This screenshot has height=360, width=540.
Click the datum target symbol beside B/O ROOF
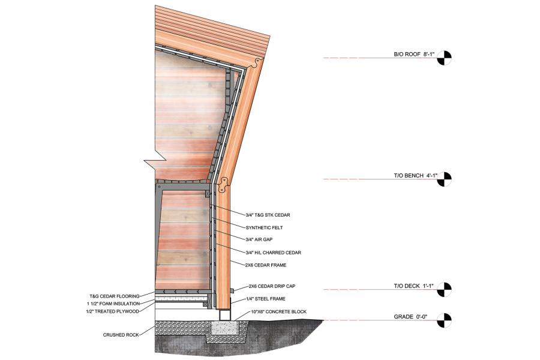pyautogui.click(x=444, y=58)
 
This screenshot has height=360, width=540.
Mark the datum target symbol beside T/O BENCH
pyautogui.click(x=444, y=179)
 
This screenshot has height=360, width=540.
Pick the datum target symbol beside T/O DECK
pyautogui.click(x=444, y=290)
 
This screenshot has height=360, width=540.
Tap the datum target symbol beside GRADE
pyautogui.click(x=444, y=320)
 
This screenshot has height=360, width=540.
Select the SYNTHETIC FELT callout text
pyautogui.click(x=265, y=227)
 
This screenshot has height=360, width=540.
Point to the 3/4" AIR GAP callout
pyautogui.click(x=260, y=239)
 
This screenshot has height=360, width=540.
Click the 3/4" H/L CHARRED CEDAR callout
pyautogui.click(x=274, y=252)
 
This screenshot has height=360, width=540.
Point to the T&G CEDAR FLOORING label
pyautogui.click(x=114, y=296)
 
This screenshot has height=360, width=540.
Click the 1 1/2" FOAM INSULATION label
pyautogui.click(x=113, y=304)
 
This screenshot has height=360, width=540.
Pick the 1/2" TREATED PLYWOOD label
pyautogui.click(x=113, y=311)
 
